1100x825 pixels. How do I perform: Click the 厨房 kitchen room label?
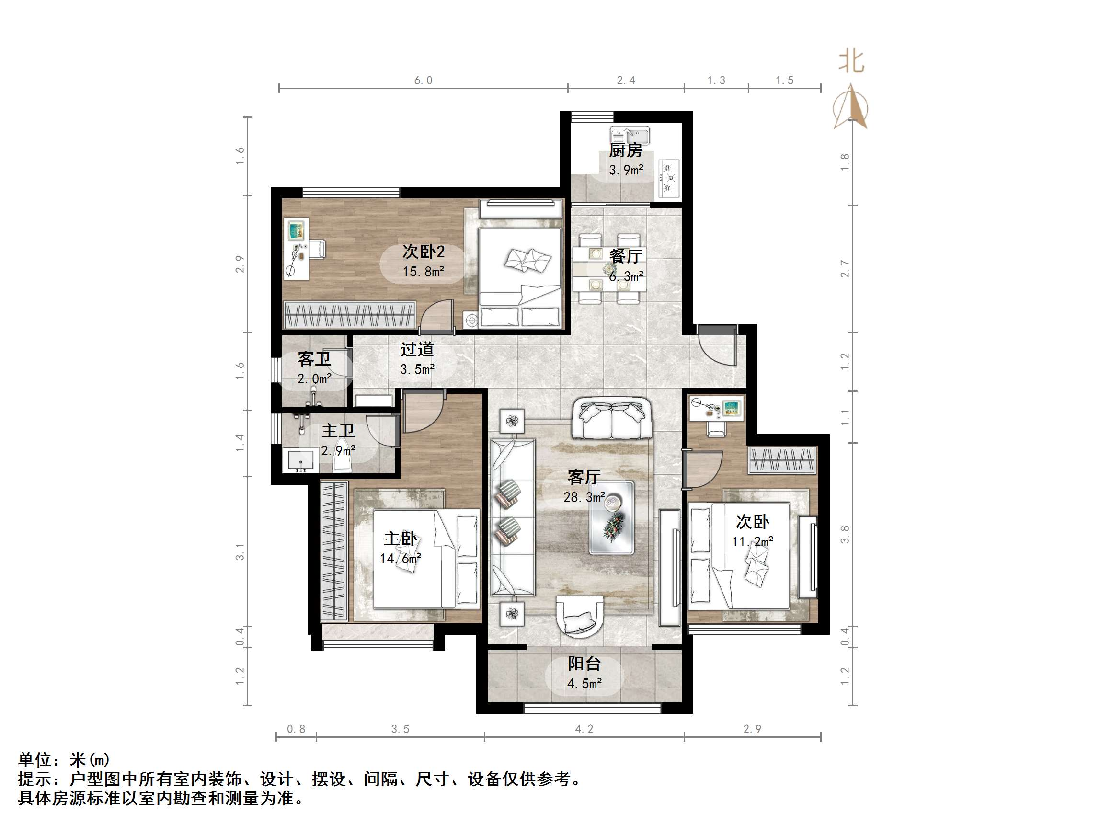pos(626,149)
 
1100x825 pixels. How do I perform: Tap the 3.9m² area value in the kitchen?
pos(626,170)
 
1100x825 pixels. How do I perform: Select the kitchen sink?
pos(630,135)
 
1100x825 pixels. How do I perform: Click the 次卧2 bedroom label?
pos(423,252)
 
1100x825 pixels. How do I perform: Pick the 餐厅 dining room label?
pos(626,256)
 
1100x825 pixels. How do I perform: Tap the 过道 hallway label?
pos(417,349)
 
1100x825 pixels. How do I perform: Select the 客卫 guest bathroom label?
pos(314,358)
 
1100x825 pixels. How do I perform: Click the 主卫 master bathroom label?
pos(338,431)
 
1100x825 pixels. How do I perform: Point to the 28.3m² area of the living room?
pos(584,497)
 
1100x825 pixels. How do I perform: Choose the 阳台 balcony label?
pos(584,664)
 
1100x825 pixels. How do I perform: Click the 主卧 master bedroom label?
pos(401,539)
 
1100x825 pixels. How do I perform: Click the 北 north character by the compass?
pos(851,62)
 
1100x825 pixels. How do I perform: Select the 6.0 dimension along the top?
pos(423,80)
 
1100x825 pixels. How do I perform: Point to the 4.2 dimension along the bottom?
pos(584,729)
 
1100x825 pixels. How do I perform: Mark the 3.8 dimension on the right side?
pos(844,534)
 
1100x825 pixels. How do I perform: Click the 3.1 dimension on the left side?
pos(240,551)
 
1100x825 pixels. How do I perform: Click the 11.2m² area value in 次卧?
pos(752,541)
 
